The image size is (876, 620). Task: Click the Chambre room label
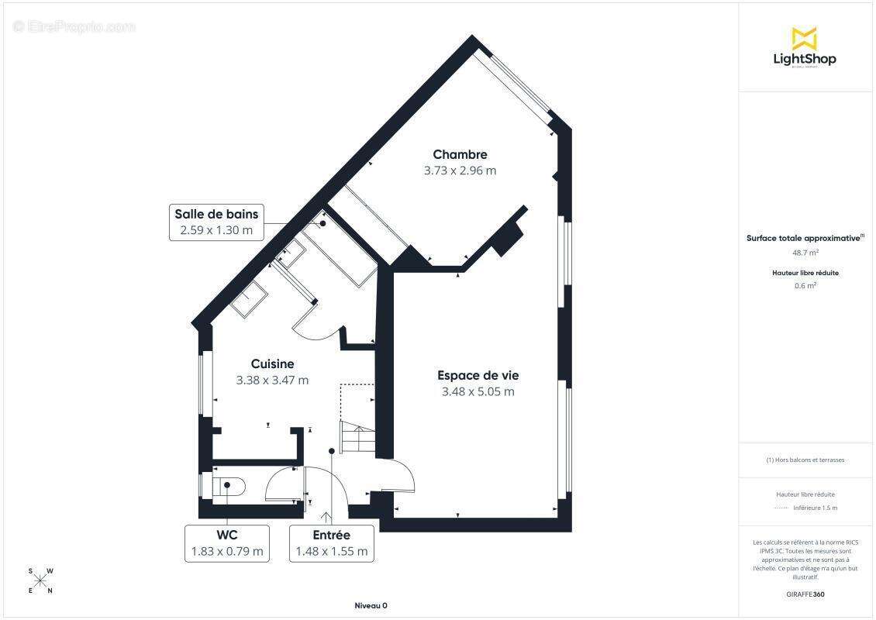460,154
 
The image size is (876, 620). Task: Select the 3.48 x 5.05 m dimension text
478,391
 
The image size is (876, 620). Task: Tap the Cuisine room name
272,363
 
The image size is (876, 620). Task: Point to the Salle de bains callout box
216,222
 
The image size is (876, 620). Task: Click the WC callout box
226,543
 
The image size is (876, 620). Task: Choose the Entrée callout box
331,543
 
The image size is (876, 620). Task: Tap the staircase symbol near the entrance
357,439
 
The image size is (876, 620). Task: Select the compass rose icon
40,581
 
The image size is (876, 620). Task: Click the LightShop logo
804,48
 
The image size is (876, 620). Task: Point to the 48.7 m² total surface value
805,253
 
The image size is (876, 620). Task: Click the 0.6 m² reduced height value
805,285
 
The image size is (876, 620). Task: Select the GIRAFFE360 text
805,594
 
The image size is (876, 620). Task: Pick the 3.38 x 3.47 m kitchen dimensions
272,380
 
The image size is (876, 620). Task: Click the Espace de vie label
478,375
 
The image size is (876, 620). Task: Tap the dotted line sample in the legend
781,508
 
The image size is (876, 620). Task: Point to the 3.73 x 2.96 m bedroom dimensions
460,170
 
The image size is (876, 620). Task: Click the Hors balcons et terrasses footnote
805,460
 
